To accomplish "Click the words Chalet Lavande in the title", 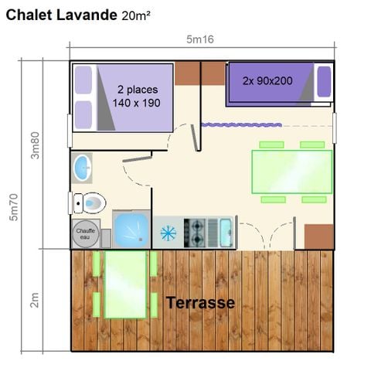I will (61, 15).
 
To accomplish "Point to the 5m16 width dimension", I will (199, 39).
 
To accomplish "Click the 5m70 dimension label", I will (15, 209).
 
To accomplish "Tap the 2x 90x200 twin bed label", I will (267, 80).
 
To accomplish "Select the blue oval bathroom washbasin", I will (80, 166).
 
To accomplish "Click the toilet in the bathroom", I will (87, 203).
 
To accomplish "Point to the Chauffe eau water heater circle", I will (83, 232).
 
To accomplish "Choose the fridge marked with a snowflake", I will (168, 232).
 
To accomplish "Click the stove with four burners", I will (195, 230).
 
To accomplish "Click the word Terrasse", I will (200, 302).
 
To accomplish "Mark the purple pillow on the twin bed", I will (324, 81).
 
